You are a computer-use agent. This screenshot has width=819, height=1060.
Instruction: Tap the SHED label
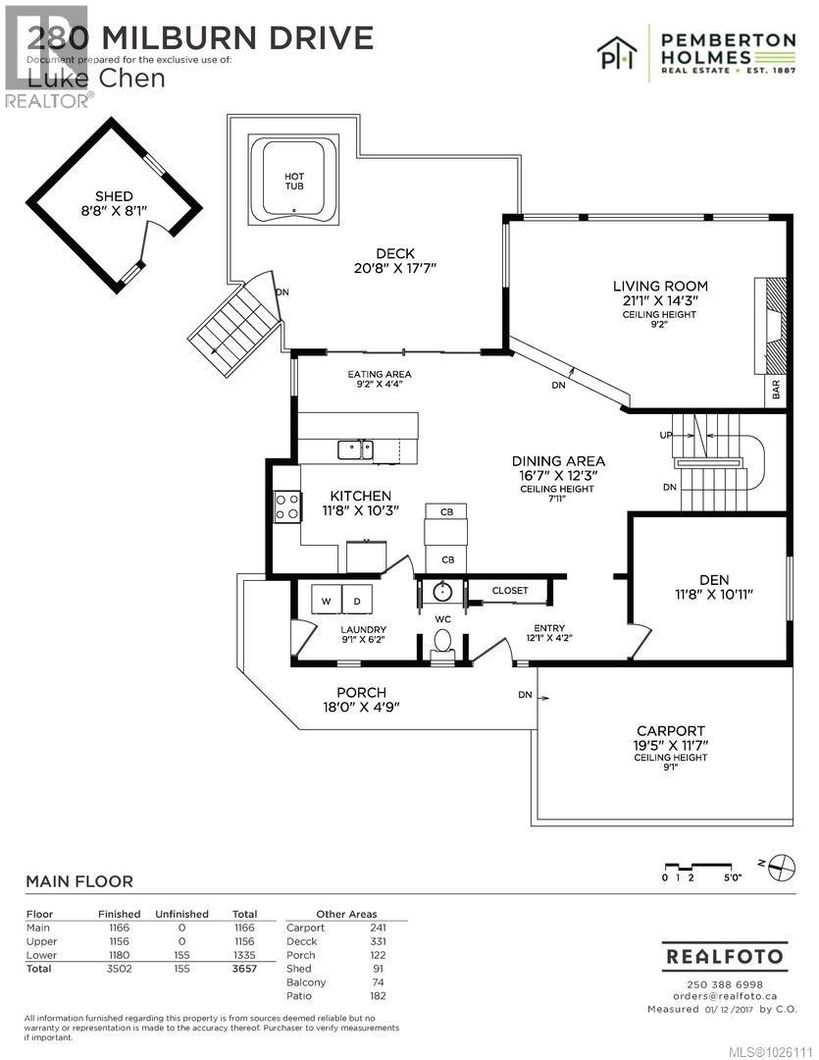(114, 196)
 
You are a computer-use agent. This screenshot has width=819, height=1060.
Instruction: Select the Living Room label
(659, 287)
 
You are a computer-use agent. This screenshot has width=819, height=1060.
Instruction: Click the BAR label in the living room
(776, 391)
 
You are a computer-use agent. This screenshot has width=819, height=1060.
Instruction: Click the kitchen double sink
(355, 450)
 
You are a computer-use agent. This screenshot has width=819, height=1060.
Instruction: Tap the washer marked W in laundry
(325, 600)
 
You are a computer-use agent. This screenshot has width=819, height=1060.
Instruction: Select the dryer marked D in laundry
(356, 600)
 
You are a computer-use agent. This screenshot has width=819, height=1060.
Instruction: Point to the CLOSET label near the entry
(510, 591)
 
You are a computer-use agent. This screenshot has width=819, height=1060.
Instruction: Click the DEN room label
(709, 579)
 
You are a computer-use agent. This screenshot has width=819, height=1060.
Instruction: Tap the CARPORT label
(671, 730)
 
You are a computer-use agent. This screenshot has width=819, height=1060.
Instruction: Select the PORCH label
(361, 692)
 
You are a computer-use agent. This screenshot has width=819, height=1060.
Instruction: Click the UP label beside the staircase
(664, 434)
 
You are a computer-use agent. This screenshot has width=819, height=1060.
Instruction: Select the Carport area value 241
(378, 927)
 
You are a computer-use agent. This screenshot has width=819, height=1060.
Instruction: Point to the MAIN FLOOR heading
(79, 882)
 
